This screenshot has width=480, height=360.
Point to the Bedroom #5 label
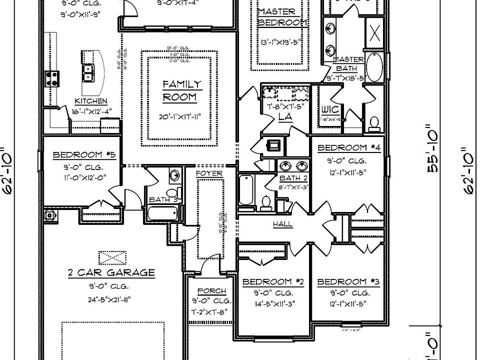(84, 155)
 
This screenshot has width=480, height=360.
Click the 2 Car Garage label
(111, 272)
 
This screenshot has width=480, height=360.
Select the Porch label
(211, 290)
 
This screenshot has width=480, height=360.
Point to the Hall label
(282, 224)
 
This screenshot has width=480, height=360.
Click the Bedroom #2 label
(273, 282)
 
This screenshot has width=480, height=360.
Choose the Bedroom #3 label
(348, 282)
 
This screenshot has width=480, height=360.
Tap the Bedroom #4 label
(348, 148)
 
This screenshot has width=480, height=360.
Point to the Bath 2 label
(289, 178)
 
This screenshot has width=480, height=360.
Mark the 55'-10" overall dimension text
(433, 158)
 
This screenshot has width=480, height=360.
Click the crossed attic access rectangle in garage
(112, 258)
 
